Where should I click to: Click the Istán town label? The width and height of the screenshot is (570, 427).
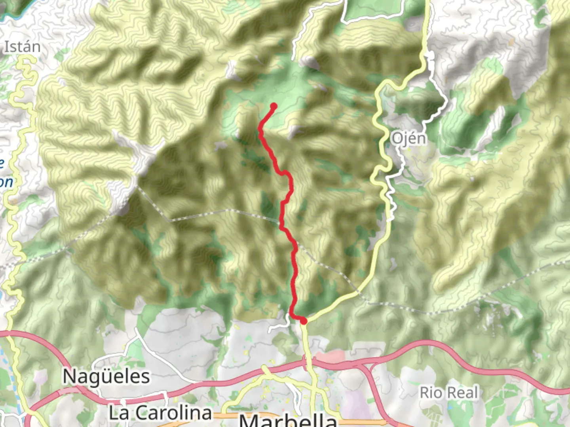[22, 47]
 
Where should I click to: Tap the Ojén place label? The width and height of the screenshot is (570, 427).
[409, 139]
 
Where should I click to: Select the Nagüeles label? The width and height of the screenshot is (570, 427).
[106, 376]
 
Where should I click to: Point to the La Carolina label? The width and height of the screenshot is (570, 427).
[160, 413]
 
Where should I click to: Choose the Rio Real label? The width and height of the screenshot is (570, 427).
[449, 393]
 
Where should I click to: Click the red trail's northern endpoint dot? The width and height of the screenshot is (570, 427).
[274, 106]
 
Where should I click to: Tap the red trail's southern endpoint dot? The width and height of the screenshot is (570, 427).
[304, 321]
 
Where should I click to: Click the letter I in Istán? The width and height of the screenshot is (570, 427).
[6, 47]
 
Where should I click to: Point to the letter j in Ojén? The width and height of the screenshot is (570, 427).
[405, 140]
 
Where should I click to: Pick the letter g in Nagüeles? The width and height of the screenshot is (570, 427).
[93, 378]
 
